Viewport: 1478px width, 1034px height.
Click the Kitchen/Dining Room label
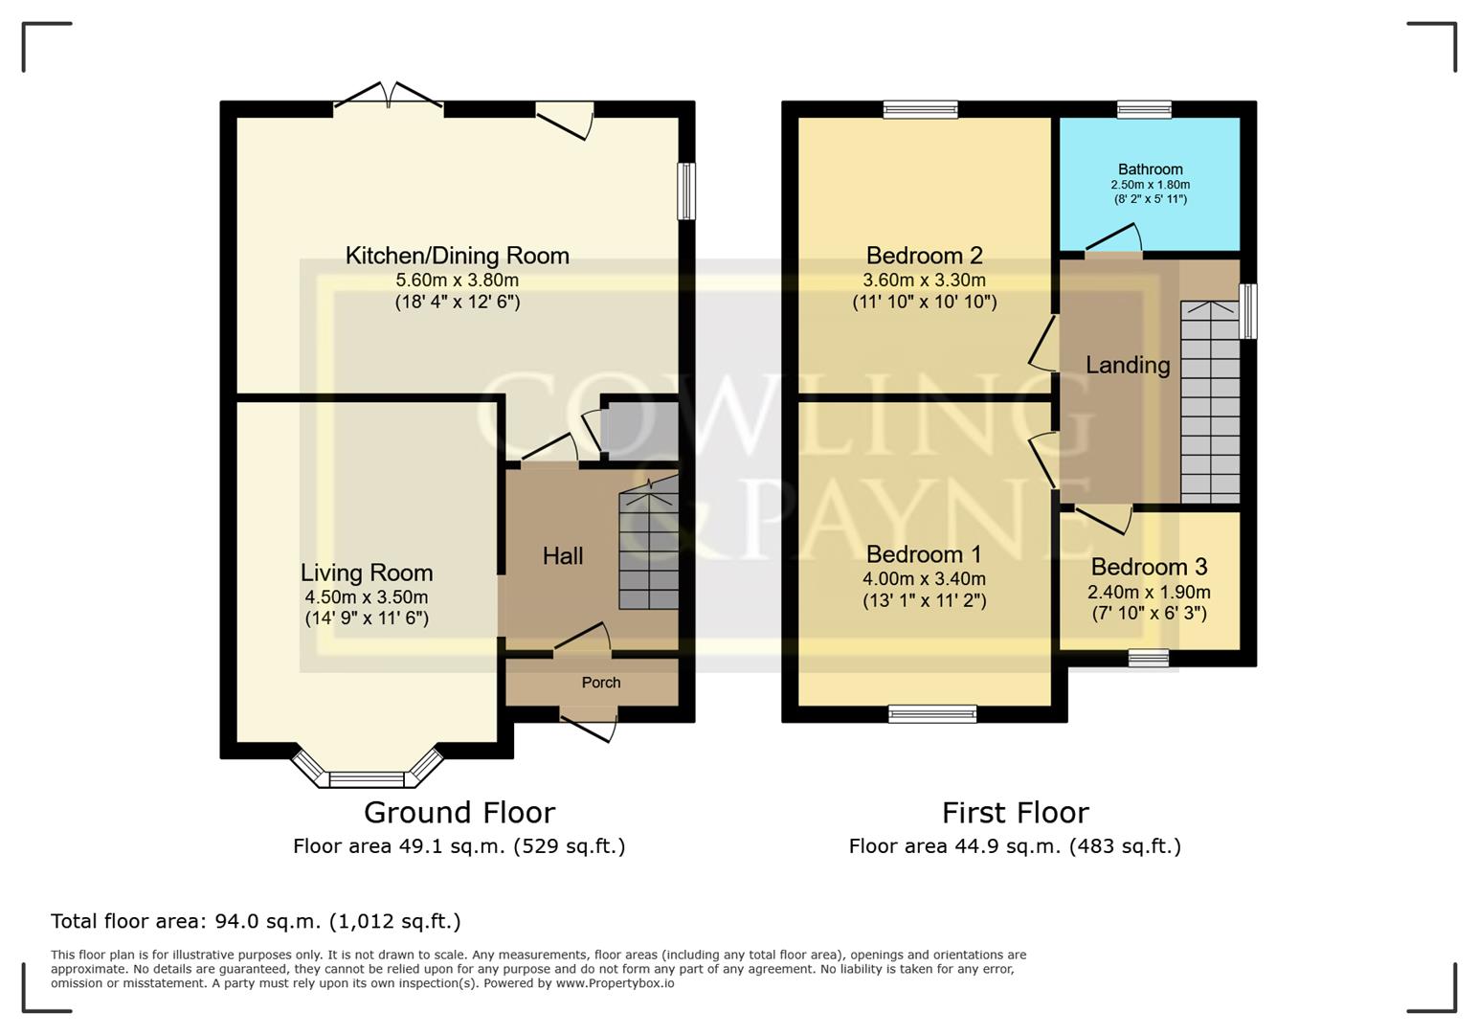[x=457, y=256]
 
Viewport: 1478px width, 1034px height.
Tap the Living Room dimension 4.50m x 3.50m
[x=366, y=596]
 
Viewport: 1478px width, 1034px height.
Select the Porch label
[x=601, y=683]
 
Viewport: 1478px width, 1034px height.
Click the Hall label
[x=563, y=556]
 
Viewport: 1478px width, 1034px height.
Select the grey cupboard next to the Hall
[x=639, y=430]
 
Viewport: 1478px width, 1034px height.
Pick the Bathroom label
[x=1150, y=169]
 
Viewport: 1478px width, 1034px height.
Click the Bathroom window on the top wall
[x=1144, y=109]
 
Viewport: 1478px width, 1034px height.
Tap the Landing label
[x=1128, y=365]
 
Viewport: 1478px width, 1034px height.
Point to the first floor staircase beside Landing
[x=1210, y=402]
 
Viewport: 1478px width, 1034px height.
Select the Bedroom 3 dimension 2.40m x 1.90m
[x=1149, y=592]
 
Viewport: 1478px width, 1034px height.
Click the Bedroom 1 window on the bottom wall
[x=932, y=713]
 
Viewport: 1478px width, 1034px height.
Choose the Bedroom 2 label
[x=924, y=256]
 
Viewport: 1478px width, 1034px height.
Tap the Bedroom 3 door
[x=1104, y=516]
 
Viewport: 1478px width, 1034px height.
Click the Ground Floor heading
[x=459, y=813]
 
